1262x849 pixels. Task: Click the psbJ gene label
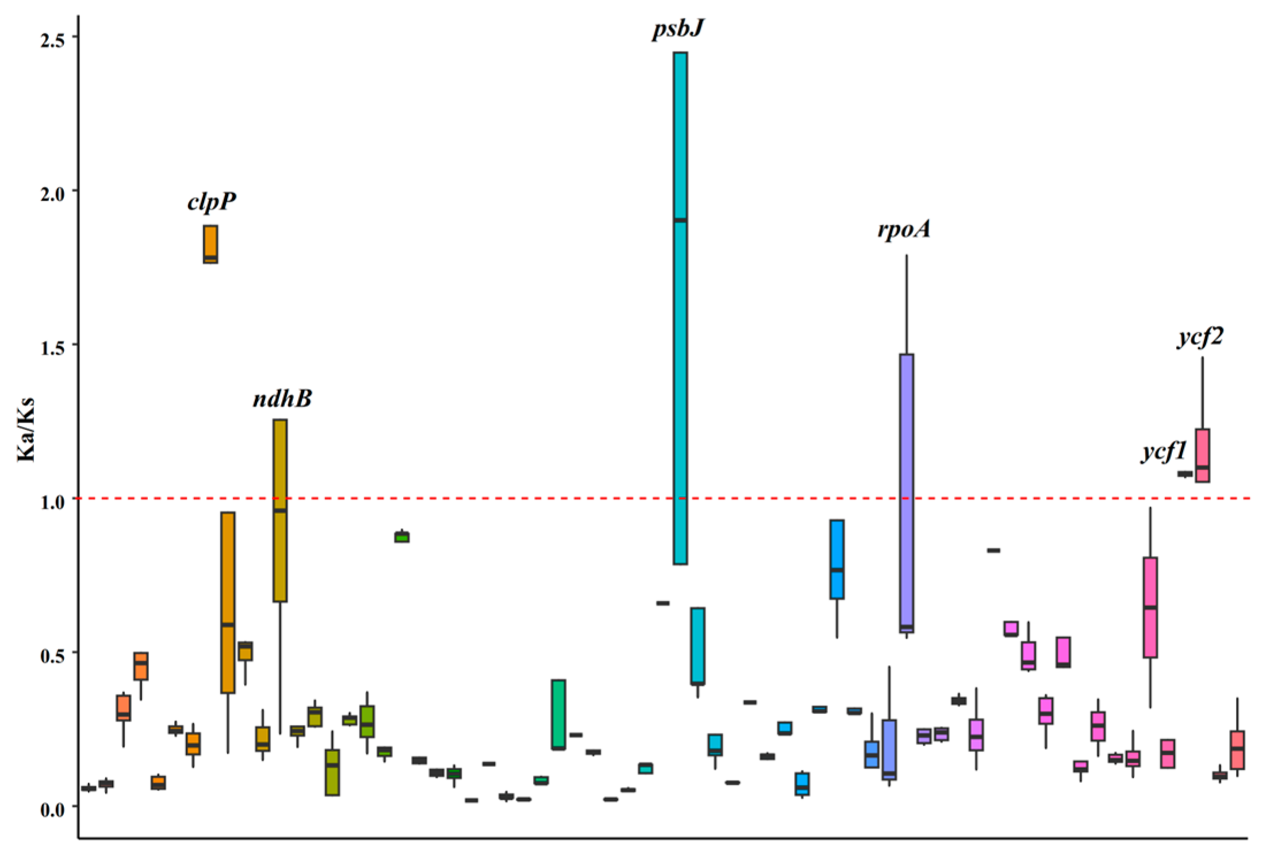click(678, 29)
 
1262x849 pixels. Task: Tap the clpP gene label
click(212, 202)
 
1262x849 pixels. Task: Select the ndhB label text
click(282, 398)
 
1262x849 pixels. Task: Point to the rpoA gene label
click(904, 229)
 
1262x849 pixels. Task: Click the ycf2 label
click(1200, 337)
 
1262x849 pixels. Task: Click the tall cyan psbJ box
click(680, 345)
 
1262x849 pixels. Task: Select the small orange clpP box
click(210, 244)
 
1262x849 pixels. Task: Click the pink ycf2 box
click(1202, 455)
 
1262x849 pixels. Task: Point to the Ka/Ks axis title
click(26, 429)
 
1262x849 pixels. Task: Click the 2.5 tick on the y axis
click(51, 37)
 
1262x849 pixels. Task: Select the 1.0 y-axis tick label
click(51, 500)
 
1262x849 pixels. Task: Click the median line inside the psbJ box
click(680, 220)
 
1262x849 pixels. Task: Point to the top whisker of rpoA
click(907, 256)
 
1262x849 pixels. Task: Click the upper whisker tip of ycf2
click(1202, 358)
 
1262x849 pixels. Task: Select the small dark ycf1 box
click(1185, 474)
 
